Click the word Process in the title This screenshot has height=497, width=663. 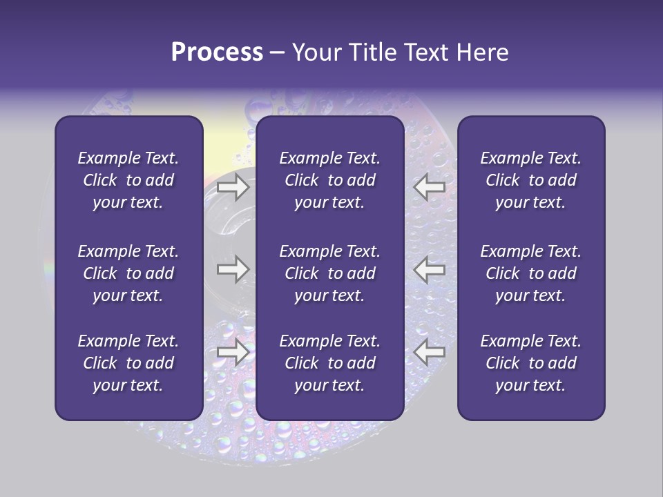click(217, 52)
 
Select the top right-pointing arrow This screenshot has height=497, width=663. click(233, 187)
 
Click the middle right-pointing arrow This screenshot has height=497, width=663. click(233, 269)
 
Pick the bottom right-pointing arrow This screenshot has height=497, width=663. click(233, 352)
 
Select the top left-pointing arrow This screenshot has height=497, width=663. click(430, 187)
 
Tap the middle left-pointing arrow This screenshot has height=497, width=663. click(430, 269)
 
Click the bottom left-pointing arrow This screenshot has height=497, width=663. click(430, 352)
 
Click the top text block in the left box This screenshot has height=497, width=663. click(128, 180)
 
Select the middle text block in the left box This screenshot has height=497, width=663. click(128, 273)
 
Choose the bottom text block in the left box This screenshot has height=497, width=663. click(128, 363)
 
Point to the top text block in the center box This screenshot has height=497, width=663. click(329, 180)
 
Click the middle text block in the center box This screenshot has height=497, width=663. click(329, 273)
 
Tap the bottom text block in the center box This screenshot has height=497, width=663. click(329, 363)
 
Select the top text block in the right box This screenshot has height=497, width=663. click(530, 180)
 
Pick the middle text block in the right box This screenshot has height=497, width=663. click(530, 273)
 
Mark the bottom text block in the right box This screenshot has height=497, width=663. click(530, 363)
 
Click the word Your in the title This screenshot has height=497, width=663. click(316, 52)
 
